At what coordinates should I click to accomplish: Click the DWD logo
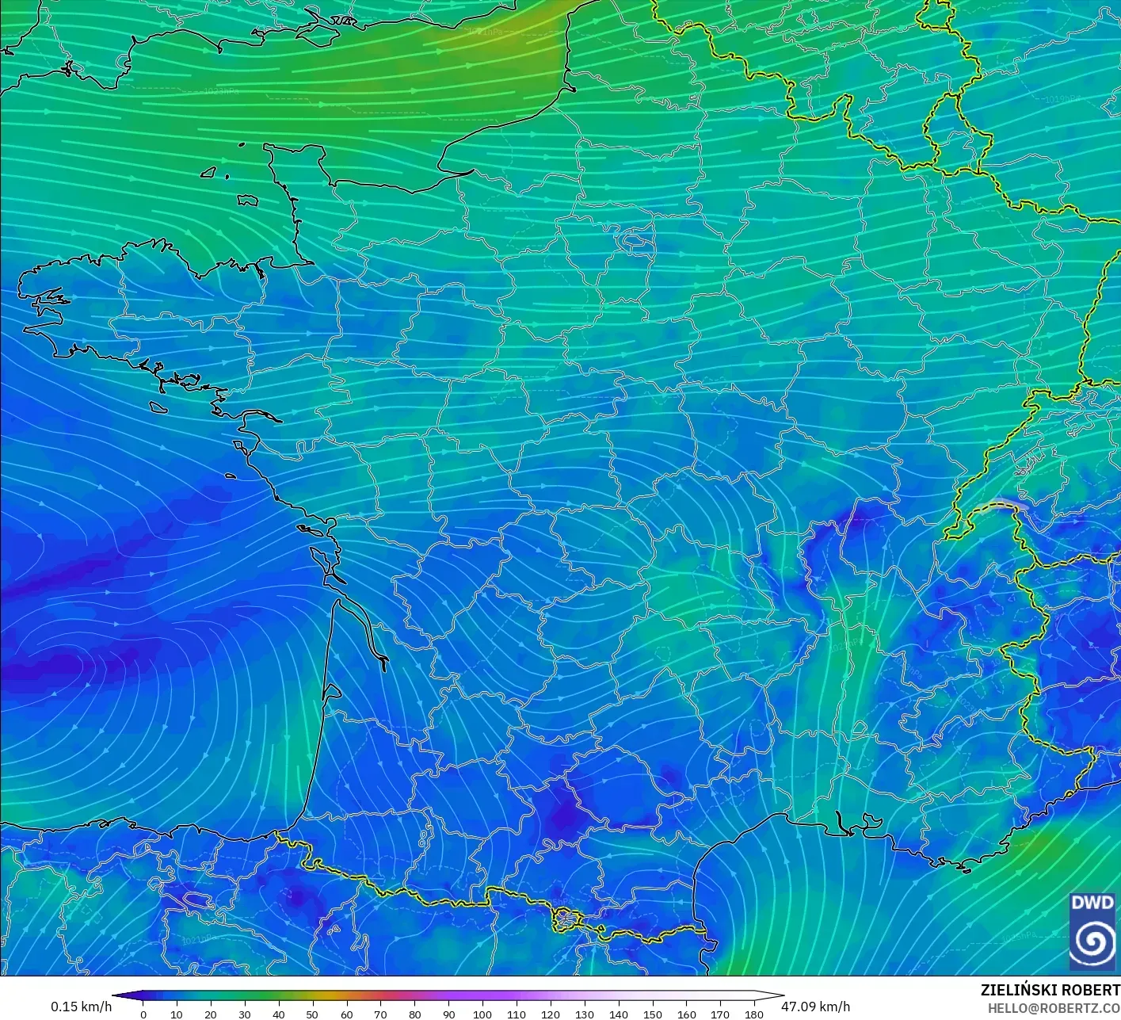coord(1092,930)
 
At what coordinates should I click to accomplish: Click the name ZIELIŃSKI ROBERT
coord(1050,990)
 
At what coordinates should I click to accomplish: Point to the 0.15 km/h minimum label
coord(81,1007)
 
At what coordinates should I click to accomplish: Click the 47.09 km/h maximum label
coord(815,1007)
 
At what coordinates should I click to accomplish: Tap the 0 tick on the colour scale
coord(143,1014)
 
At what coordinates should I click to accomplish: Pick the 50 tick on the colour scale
coord(312,1014)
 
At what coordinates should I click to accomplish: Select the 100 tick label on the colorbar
coord(482,1014)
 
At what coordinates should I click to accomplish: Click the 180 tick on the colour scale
coord(753,1014)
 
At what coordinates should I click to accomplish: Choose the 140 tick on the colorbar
coord(618,1014)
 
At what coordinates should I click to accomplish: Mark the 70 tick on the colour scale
coord(380,1014)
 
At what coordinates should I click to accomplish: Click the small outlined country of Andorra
coord(567,919)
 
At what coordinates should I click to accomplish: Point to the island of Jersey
coord(248,201)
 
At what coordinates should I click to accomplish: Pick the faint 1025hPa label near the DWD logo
coord(1018,935)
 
